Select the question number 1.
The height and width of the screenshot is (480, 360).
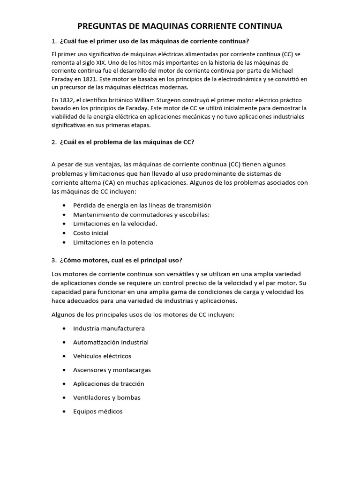pos(54,41)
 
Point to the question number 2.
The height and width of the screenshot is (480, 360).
pos(54,142)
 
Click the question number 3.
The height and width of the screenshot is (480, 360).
pos(54,260)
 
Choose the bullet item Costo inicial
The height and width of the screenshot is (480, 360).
pos(90,233)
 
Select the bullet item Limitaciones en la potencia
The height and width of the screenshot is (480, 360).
pos(113,242)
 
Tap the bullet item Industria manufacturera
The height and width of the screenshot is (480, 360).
pos(109,329)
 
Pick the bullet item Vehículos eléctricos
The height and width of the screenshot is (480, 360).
pos(102,356)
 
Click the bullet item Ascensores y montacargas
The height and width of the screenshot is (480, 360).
pos(112,370)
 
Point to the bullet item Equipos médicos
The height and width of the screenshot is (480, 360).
pos(97,411)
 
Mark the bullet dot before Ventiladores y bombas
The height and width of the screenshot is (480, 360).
pos(63,397)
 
